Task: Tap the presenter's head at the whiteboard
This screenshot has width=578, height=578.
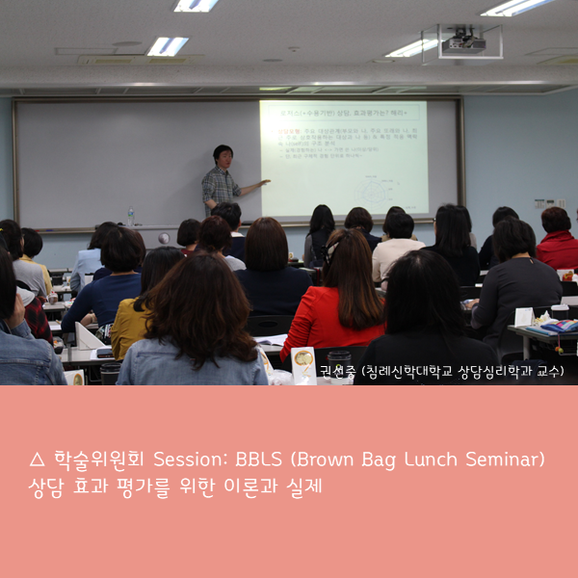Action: [x=223, y=155]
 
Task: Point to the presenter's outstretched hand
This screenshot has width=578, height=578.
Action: [x=264, y=182]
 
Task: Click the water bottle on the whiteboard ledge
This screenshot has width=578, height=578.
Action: [x=130, y=217]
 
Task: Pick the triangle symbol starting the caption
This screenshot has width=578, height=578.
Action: [x=37, y=461]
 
